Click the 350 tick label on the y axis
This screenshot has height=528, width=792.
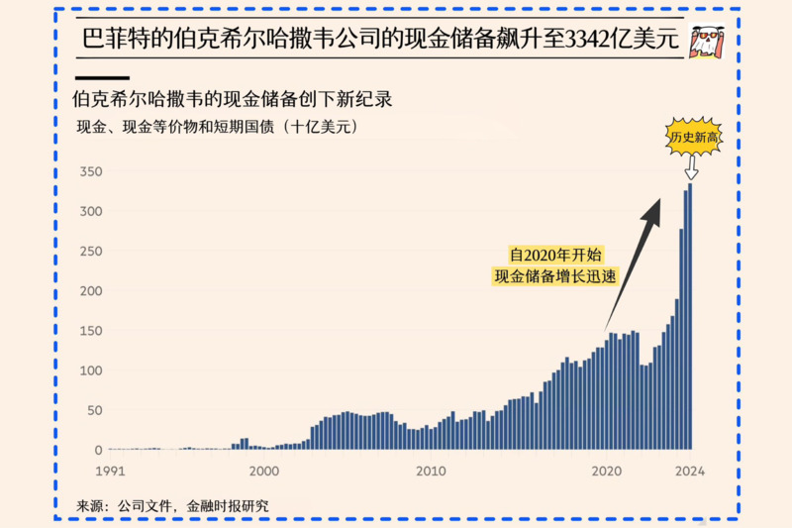[x=91, y=171]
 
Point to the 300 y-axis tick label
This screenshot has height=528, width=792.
[x=91, y=211]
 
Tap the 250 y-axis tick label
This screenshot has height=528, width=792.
[x=91, y=251]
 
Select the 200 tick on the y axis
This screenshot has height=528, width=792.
[x=91, y=291]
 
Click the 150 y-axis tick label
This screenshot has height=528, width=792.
[x=91, y=331]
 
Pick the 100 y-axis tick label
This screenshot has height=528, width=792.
[x=91, y=370]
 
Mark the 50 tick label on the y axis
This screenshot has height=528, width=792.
[x=95, y=410]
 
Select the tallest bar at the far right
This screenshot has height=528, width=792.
[x=690, y=317]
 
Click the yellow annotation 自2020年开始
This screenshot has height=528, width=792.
[x=554, y=254]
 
